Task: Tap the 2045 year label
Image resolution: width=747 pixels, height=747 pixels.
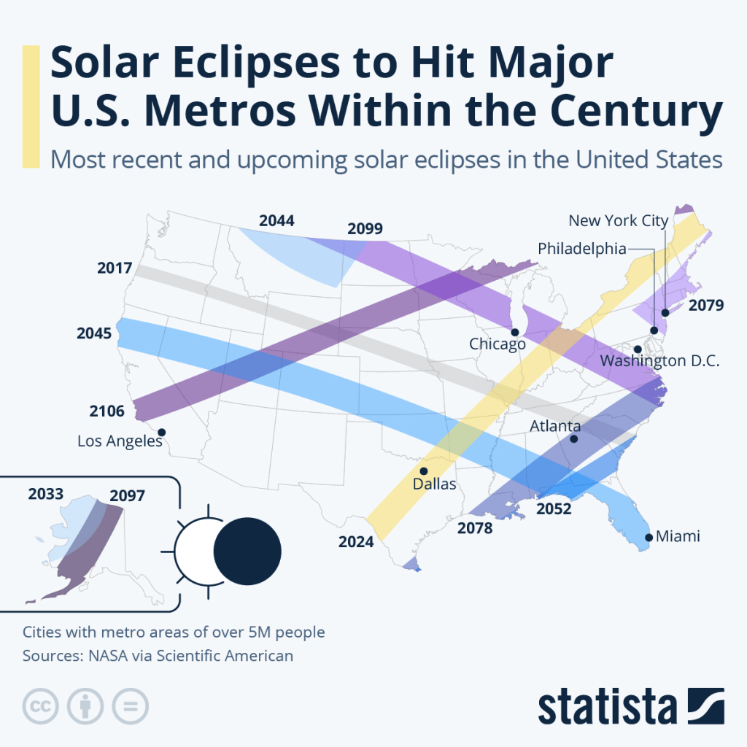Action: [93, 333]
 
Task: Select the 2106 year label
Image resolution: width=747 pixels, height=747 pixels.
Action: [107, 411]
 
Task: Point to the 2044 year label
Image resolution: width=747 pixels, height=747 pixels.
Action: [276, 220]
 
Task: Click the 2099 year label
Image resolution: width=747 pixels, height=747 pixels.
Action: [365, 229]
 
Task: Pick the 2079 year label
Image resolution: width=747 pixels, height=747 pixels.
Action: [705, 305]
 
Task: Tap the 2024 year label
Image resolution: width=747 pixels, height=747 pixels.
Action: [356, 541]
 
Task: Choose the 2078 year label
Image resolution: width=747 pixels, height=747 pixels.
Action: [476, 527]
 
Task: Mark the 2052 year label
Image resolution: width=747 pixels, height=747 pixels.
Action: [554, 508]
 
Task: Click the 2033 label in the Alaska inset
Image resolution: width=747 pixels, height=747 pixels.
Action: [46, 494]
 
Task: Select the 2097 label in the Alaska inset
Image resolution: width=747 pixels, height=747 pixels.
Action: [127, 496]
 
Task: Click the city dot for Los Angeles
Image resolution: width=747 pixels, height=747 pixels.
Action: [162, 432]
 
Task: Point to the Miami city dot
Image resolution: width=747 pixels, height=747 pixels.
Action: [648, 538]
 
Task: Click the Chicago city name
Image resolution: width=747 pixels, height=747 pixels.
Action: [498, 344]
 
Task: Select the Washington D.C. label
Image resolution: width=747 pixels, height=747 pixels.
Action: [659, 361]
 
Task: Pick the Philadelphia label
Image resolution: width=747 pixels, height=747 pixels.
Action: [581, 249]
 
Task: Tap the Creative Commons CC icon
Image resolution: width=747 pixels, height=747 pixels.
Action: [42, 706]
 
